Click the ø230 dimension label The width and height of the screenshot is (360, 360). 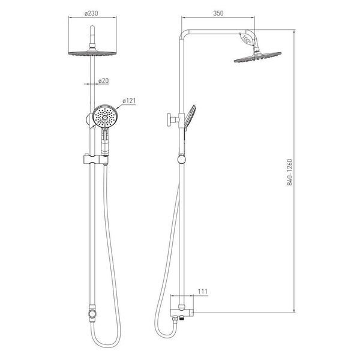pos(91,13)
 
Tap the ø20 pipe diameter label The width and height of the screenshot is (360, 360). pos(103,80)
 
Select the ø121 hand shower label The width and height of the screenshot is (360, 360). pos(129,101)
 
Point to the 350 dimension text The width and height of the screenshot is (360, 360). pos(218,13)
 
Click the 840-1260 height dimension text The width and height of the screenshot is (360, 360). pos(290,172)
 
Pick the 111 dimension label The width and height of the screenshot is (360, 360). pos(203,292)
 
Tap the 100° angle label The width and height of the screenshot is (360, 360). pos(247,40)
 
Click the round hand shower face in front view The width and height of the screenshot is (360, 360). pos(105,117)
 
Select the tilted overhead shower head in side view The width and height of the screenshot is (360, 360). pos(257,57)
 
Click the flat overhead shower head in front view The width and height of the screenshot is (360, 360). pos(92,53)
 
